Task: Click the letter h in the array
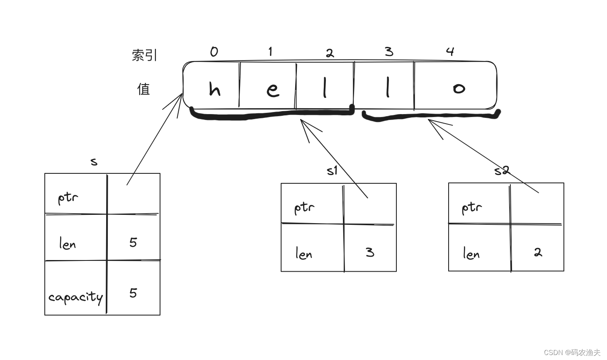(214, 89)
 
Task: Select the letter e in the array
(272, 90)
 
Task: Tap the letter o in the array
(459, 88)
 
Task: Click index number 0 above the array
(214, 52)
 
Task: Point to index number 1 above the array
(270, 52)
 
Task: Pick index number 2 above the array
(330, 53)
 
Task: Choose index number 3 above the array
(388, 52)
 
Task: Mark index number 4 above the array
(450, 51)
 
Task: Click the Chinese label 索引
(144, 55)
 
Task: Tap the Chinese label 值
(143, 89)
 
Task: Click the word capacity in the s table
(75, 297)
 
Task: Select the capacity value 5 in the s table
(133, 293)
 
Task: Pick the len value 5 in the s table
(133, 243)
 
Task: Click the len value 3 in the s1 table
(370, 252)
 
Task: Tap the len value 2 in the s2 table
(538, 252)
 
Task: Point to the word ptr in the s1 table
(304, 208)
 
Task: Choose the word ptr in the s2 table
(472, 207)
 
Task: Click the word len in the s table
(67, 243)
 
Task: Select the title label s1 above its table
(332, 170)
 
